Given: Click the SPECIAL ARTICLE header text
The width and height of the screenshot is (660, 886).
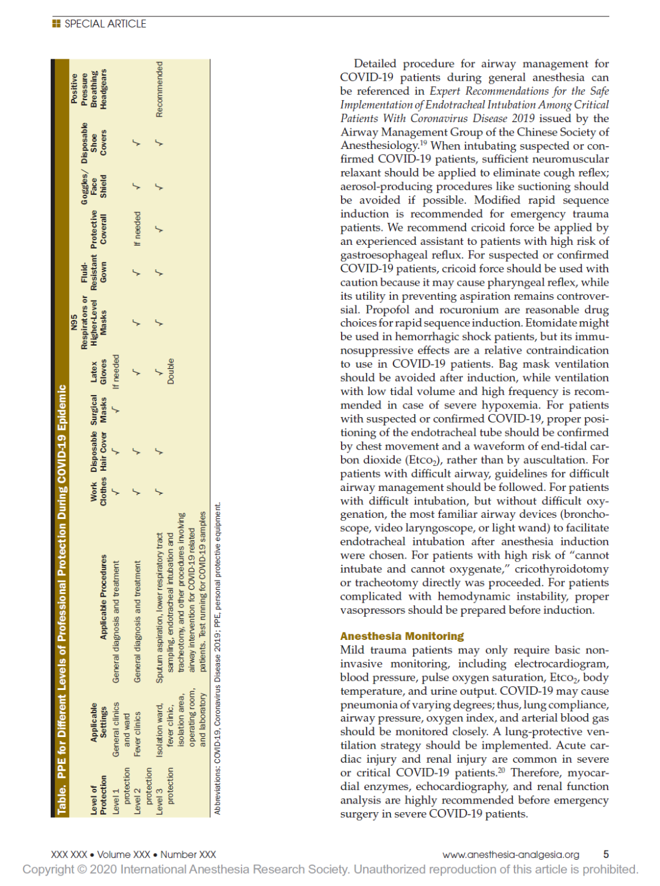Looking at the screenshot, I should coord(105,24).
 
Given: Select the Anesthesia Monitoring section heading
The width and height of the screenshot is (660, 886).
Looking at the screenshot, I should coord(402,636).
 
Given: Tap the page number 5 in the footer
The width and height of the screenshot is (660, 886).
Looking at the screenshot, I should coord(606,854).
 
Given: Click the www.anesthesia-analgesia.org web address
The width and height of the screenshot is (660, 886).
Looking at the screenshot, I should coord(511,854).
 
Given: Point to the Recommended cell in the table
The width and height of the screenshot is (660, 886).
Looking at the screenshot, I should coord(159,89).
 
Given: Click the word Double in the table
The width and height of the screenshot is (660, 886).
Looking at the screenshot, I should coord(170,371).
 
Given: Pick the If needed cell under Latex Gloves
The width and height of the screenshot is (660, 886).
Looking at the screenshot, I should coord(116,371).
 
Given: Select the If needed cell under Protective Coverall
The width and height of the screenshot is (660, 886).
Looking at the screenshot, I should coord(137,229).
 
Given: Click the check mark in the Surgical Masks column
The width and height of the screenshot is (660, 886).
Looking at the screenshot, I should coord(116,409).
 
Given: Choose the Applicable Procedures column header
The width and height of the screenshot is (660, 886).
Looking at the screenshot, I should coord(103,597).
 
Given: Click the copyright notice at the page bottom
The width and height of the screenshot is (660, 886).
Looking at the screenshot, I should coord(330,869).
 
